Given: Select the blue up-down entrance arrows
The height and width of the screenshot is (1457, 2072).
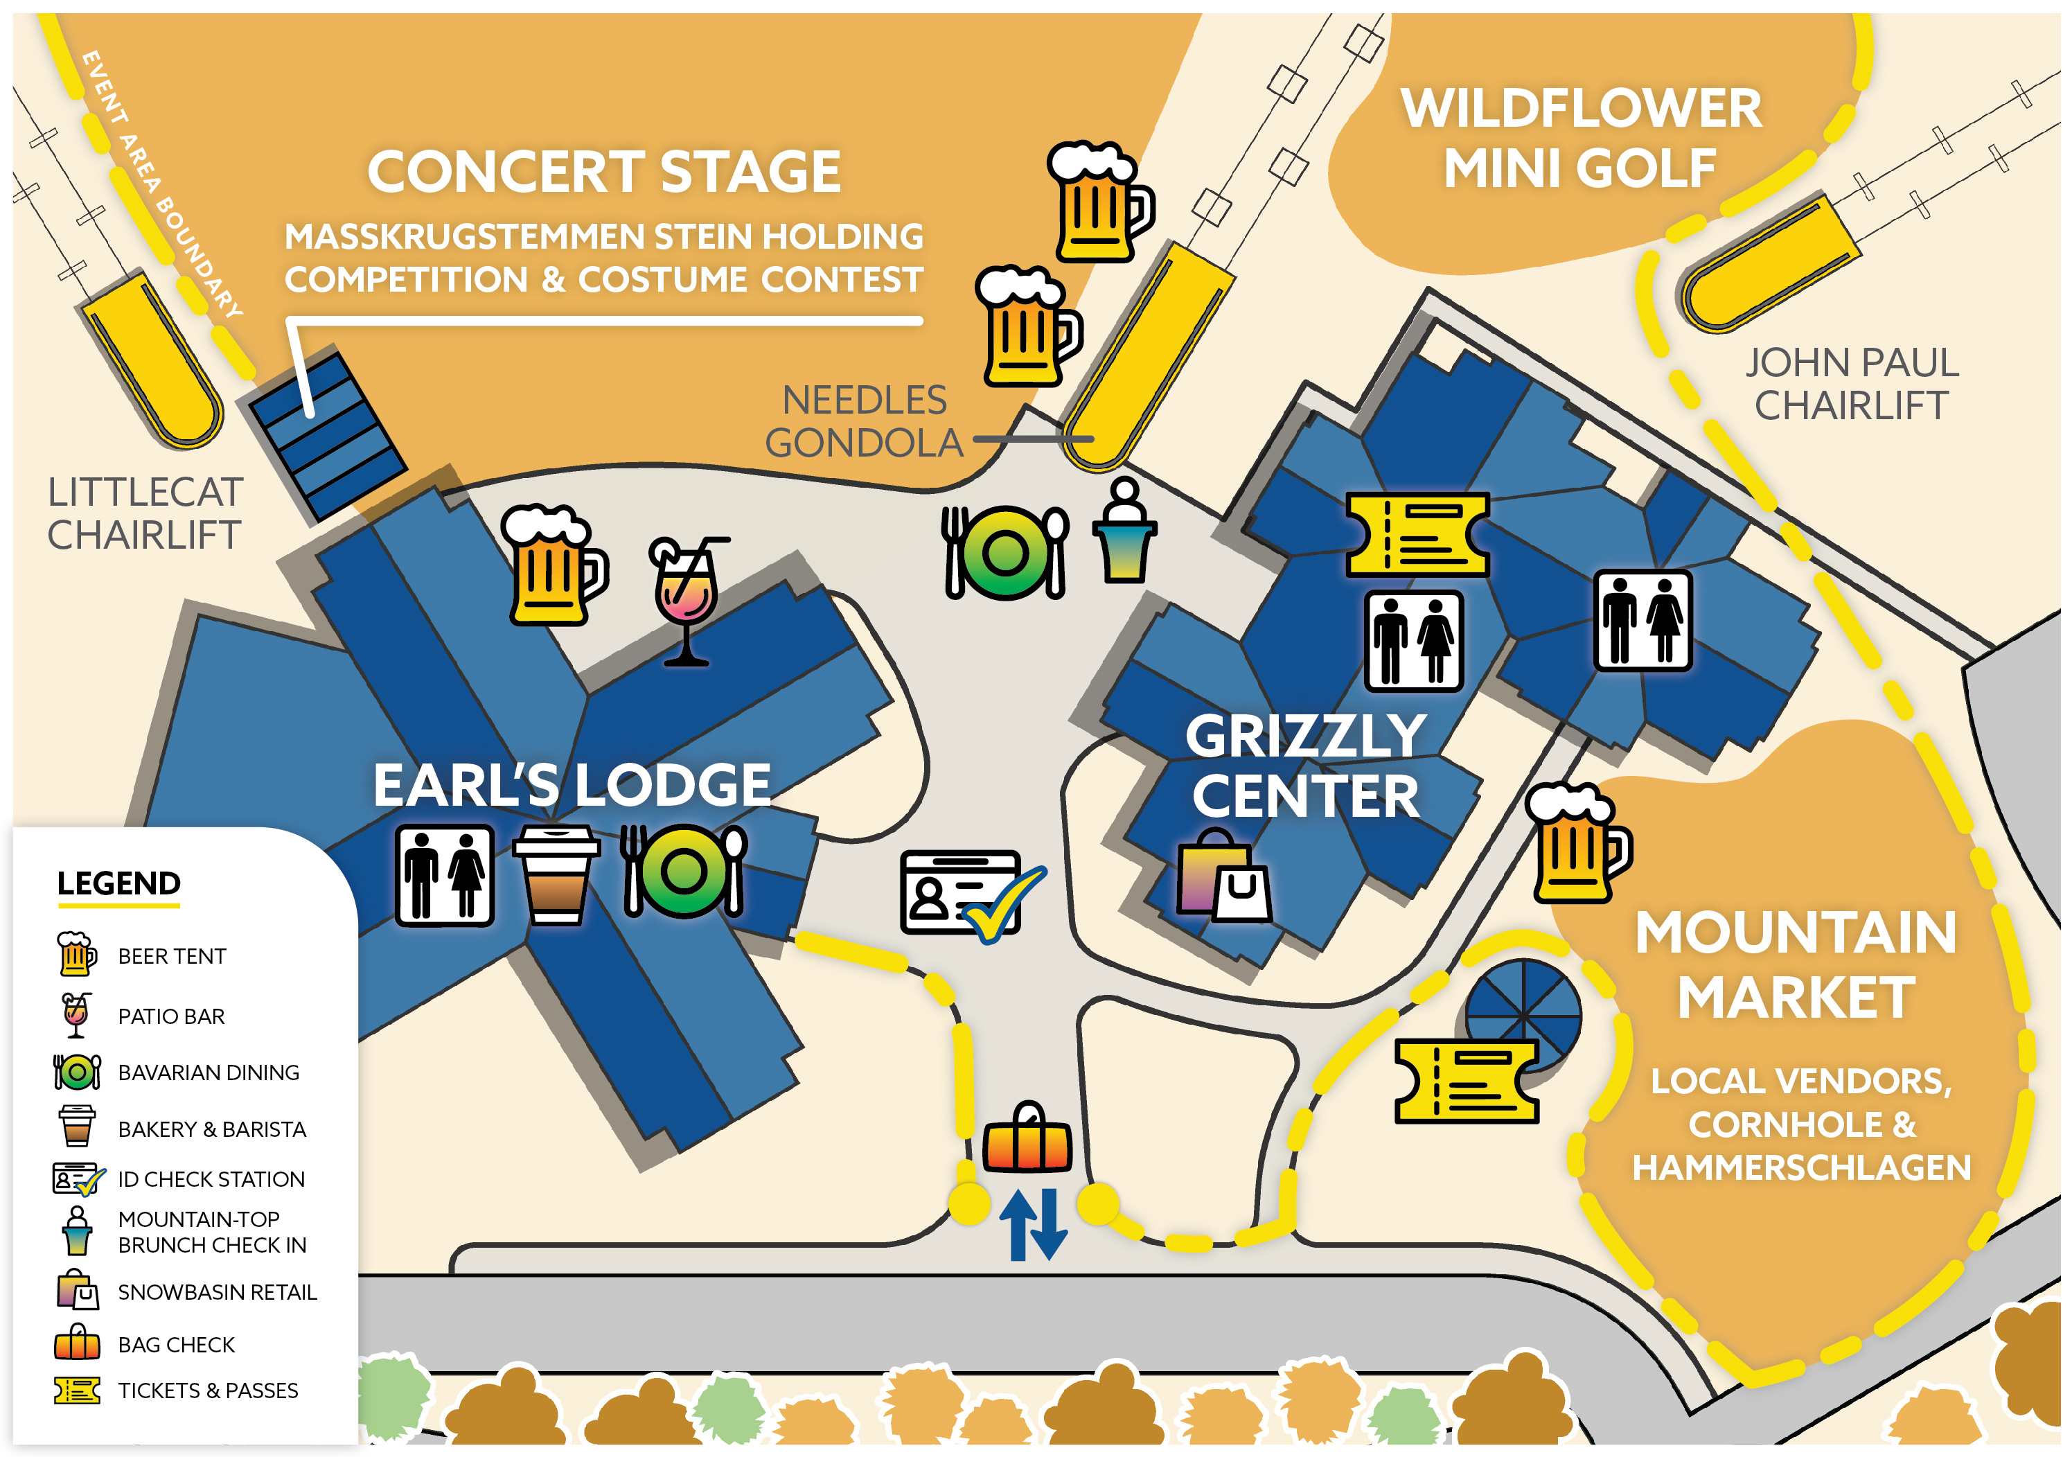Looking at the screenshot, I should pos(1034,1224).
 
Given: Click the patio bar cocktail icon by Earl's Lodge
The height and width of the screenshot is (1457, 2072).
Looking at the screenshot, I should pos(687,600).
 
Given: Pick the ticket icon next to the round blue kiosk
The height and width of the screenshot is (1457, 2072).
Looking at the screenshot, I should pos(1467,1081).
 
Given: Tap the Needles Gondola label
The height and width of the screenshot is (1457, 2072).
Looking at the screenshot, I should pos(864,421).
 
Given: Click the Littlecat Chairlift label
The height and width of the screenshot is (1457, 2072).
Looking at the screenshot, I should pos(144,513).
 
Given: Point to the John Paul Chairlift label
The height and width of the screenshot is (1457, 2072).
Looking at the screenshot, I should pos(1852,384).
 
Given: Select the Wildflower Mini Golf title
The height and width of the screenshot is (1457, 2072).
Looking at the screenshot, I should pos(1581,138).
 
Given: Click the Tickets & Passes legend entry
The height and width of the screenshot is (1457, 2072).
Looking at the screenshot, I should pos(208,1390).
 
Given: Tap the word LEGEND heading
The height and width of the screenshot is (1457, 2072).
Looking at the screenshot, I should pos(118,883).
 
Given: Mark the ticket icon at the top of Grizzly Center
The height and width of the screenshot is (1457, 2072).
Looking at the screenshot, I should pos(1416,534).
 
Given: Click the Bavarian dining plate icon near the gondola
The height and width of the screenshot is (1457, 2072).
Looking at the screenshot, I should pos(1005,552).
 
